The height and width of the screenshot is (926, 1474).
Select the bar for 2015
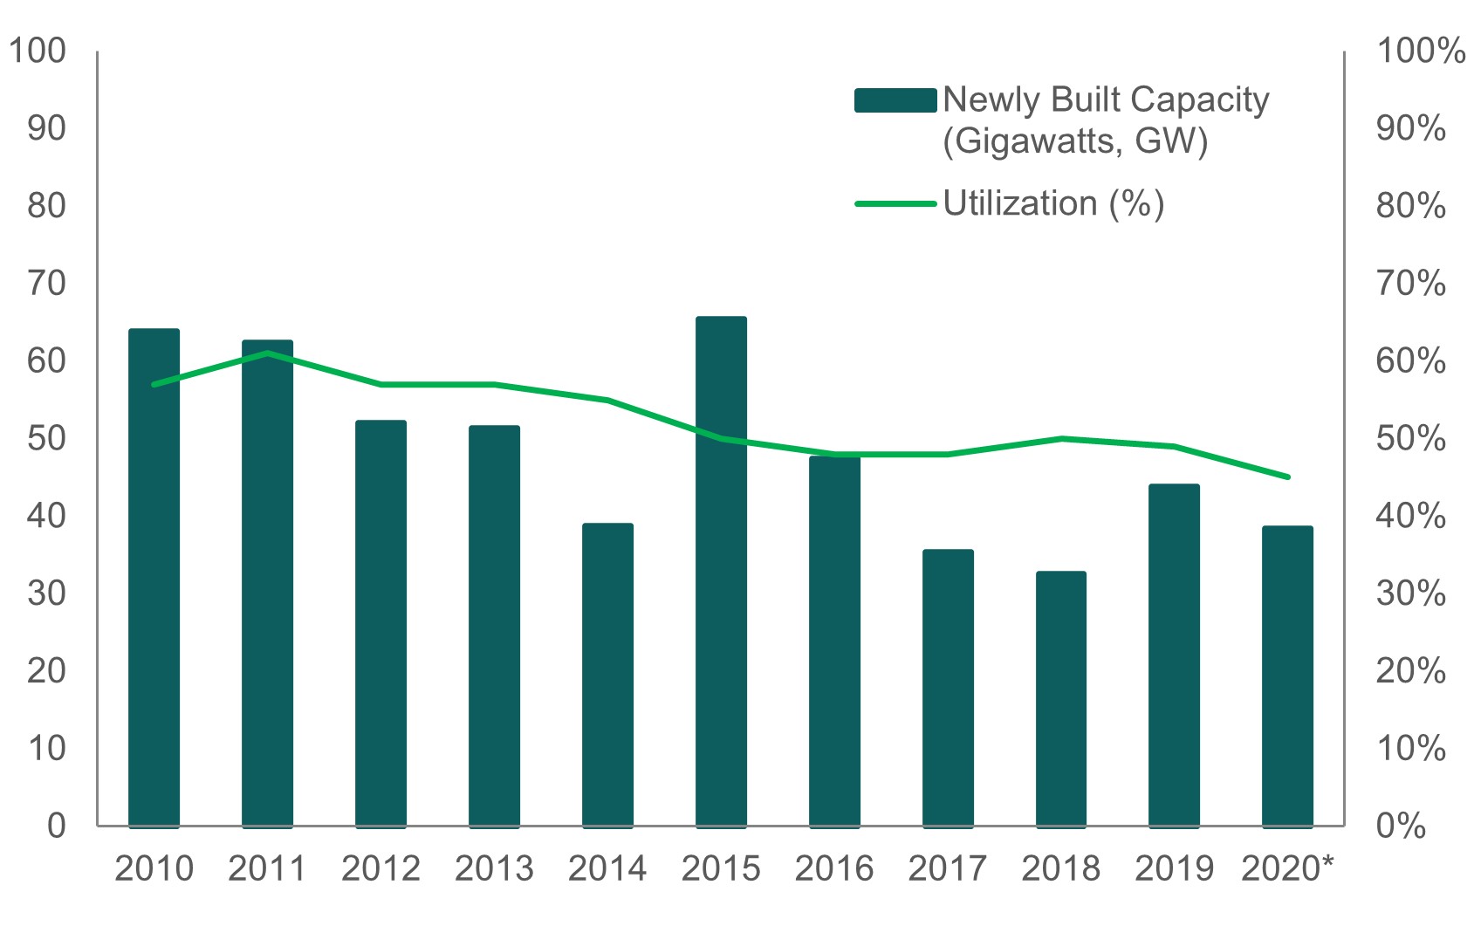pyautogui.click(x=721, y=572)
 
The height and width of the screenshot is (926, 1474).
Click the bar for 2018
pyautogui.click(x=1061, y=698)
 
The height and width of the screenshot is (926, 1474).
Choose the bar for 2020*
pyautogui.click(x=1287, y=676)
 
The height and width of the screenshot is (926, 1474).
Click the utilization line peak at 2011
pyautogui.click(x=267, y=353)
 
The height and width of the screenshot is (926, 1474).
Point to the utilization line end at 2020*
pyautogui.click(x=1287, y=477)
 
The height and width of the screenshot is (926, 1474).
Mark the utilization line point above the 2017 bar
pyautogui.click(x=948, y=454)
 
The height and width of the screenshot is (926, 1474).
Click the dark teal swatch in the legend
pyautogui.click(x=895, y=100)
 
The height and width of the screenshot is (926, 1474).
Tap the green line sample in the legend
pyautogui.click(x=895, y=203)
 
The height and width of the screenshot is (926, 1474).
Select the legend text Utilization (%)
pyautogui.click(x=1053, y=203)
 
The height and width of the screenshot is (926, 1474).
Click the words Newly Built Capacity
pyautogui.click(x=1106, y=99)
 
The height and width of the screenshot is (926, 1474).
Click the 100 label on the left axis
pyautogui.click(x=38, y=51)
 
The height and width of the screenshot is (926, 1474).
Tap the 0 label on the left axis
pyautogui.click(x=57, y=826)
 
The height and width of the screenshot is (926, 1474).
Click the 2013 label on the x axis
pyautogui.click(x=494, y=869)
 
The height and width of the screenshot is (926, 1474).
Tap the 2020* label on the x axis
pyautogui.click(x=1287, y=869)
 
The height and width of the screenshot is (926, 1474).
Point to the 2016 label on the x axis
pyautogui.click(x=834, y=869)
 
